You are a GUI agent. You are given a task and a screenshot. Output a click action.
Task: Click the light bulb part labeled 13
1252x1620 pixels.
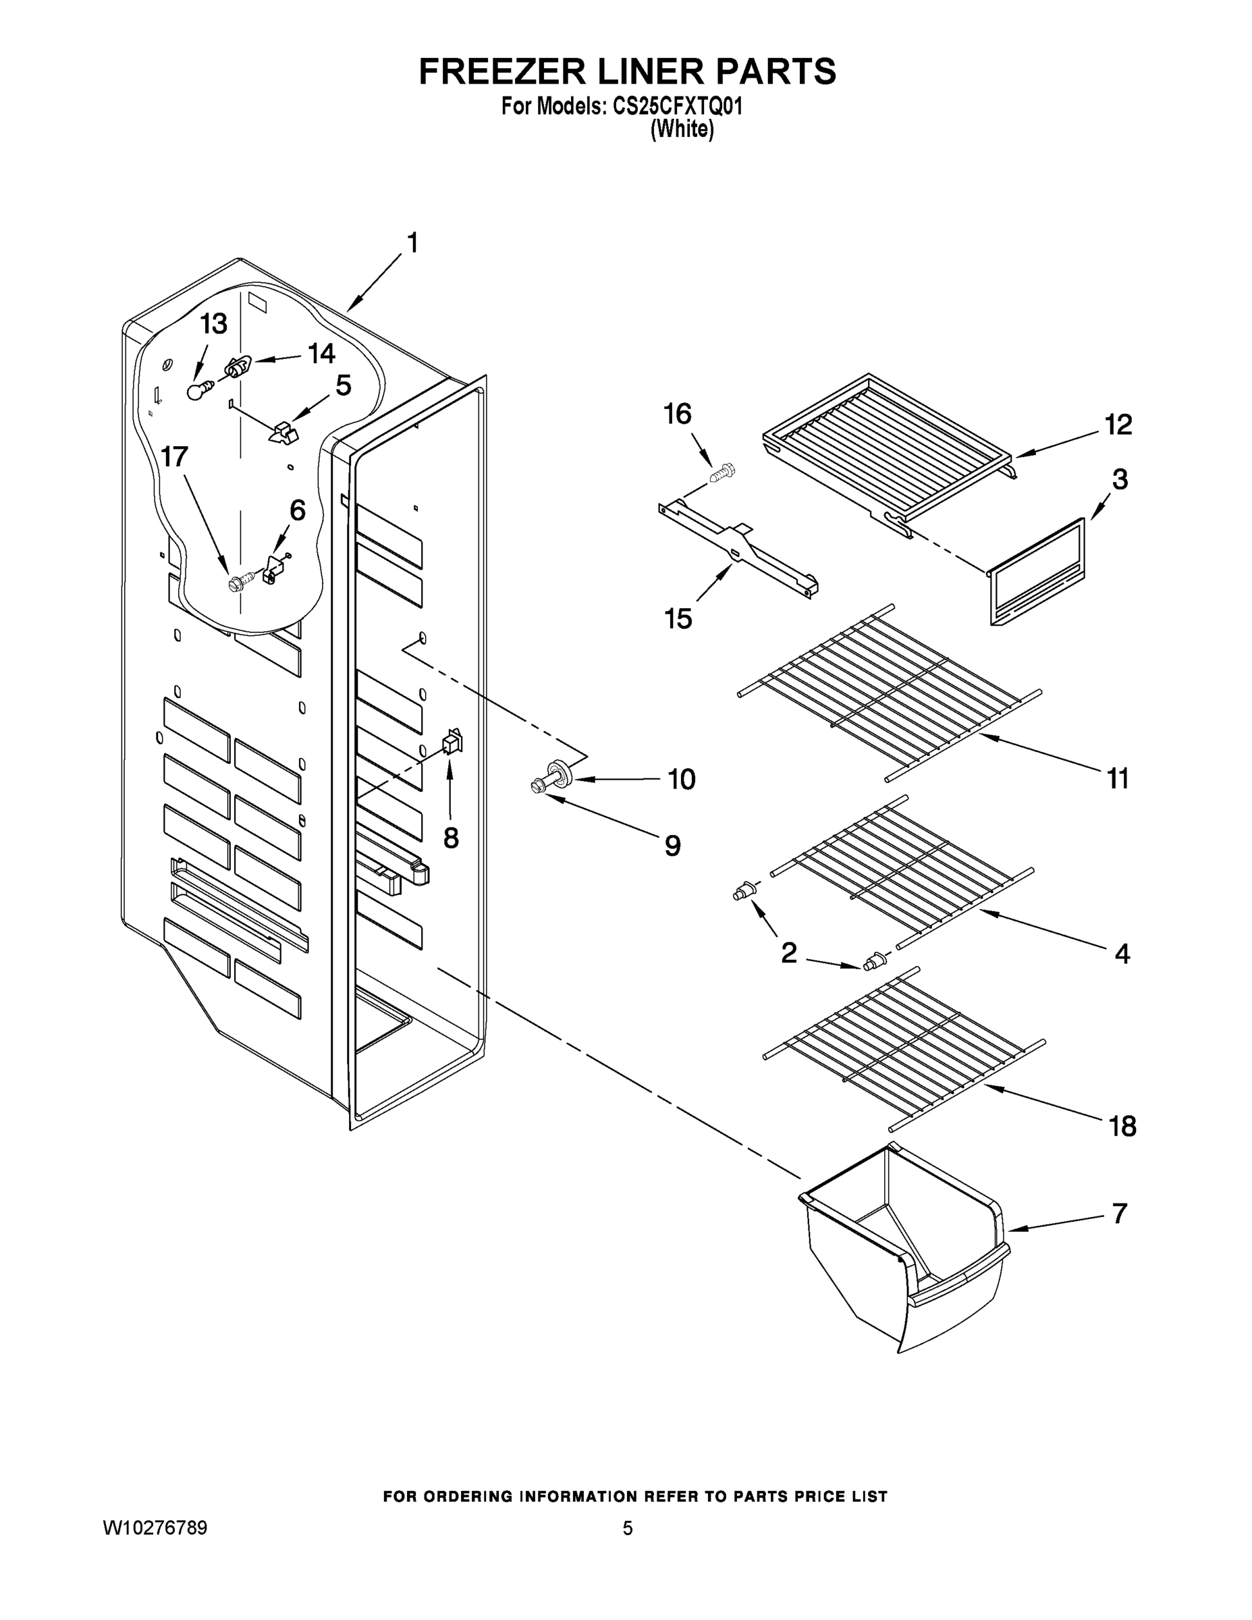pyautogui.click(x=196, y=391)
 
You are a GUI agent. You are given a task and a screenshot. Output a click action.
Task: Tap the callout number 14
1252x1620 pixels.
pyautogui.click(x=321, y=354)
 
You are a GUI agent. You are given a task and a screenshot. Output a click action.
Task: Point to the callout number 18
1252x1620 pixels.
pyautogui.click(x=1122, y=1127)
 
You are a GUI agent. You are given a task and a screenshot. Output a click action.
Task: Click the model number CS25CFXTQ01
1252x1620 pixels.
pyautogui.click(x=677, y=107)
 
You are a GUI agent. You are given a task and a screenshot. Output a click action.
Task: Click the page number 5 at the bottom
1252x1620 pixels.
pyautogui.click(x=628, y=1528)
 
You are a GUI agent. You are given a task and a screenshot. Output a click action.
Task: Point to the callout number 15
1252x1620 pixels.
pyautogui.click(x=678, y=618)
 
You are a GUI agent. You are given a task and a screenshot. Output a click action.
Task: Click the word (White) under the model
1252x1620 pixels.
pyautogui.click(x=682, y=130)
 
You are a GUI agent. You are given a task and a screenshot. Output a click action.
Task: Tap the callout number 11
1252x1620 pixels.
pyautogui.click(x=1118, y=779)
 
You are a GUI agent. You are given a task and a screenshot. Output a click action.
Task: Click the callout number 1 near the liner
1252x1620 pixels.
pyautogui.click(x=412, y=243)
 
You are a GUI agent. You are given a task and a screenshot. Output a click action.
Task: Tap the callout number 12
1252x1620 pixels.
pyautogui.click(x=1118, y=425)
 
